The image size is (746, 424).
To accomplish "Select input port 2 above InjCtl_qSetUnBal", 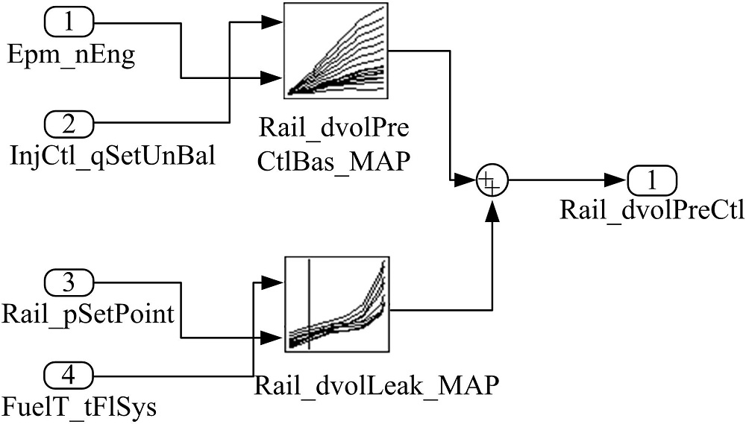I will point(69,121).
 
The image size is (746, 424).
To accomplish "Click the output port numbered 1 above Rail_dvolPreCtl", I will point(652,180).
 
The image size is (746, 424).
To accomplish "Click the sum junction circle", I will point(491,180).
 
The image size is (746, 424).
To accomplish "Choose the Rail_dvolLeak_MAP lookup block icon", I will point(336,304).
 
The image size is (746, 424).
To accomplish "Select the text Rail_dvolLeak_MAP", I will point(376,385).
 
